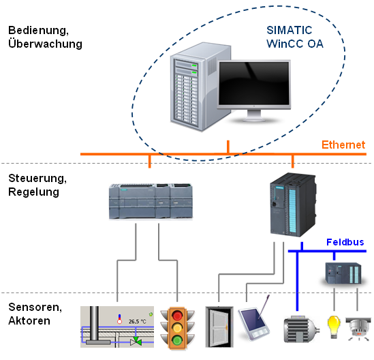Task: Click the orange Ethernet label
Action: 343,145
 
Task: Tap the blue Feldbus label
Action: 345,242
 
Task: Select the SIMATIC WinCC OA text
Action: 295,37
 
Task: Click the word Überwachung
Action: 46,44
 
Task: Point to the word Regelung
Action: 33,192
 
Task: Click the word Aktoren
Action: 29,320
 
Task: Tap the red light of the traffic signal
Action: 177,316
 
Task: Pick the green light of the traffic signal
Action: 177,340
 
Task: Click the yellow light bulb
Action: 334,327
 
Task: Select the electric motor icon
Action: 301,329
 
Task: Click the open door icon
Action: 219,327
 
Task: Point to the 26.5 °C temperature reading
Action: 138,322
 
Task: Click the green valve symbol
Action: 136,342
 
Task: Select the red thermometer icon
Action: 119,319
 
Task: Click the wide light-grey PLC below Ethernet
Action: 151,201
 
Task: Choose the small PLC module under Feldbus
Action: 343,273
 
